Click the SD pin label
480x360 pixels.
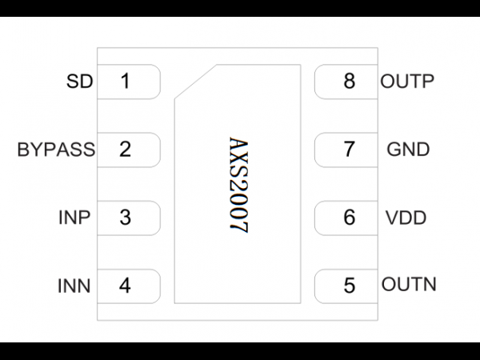(x=79, y=82)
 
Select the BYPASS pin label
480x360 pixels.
(x=56, y=150)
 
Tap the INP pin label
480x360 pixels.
(x=74, y=218)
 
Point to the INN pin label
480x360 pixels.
(x=74, y=286)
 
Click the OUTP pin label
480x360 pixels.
(x=407, y=82)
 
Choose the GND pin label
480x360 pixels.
(x=408, y=150)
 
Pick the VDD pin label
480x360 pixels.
(x=406, y=218)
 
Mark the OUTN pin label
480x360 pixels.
(x=409, y=284)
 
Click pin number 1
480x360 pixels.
(x=126, y=82)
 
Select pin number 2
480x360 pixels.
(x=125, y=150)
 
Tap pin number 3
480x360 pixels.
(x=125, y=218)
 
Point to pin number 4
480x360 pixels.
(x=125, y=286)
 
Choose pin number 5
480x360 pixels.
(x=350, y=286)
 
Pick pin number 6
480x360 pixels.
(x=350, y=218)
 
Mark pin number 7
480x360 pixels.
(x=350, y=150)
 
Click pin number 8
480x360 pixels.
(x=350, y=82)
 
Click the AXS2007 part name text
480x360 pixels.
(x=238, y=185)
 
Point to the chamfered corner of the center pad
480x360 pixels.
(x=196, y=82)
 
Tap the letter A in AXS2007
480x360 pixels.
(x=238, y=145)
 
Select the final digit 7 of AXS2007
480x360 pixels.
(x=238, y=226)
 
